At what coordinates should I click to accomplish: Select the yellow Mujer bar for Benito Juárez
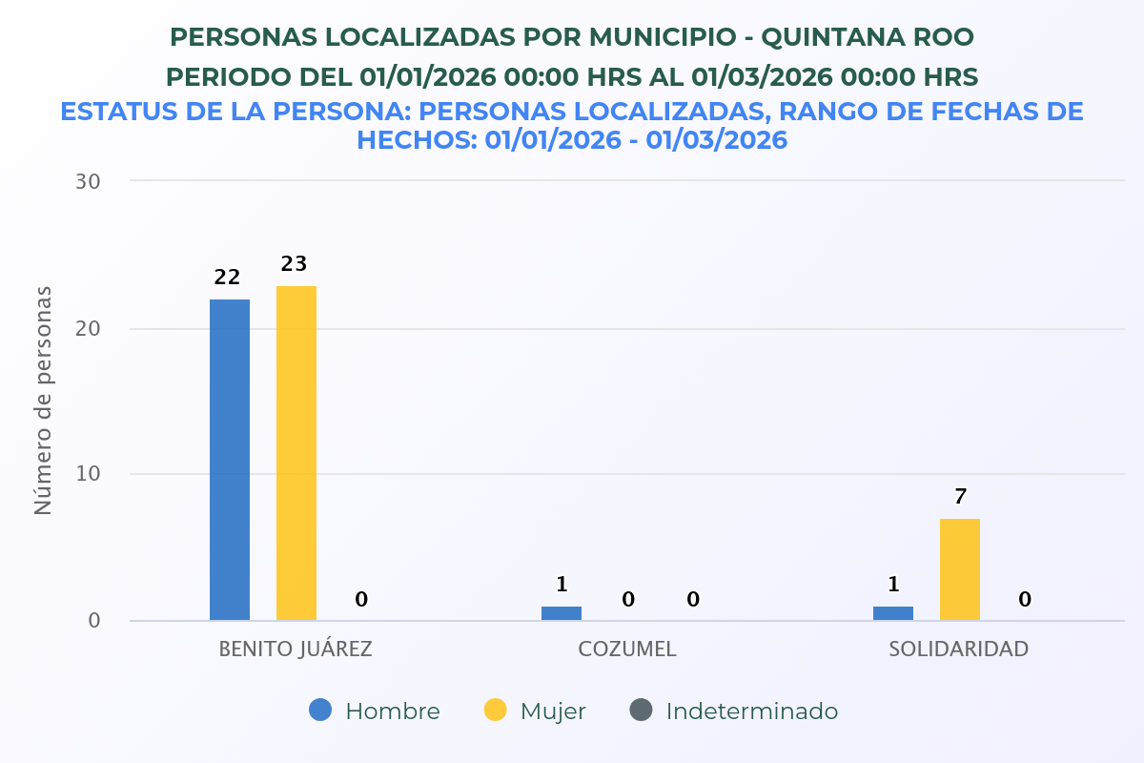pos(296,453)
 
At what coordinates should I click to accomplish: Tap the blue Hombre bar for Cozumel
pos(562,613)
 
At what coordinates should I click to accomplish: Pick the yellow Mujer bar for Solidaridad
pos(960,569)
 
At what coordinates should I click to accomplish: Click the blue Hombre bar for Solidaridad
pos(893,613)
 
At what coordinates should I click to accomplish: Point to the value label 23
pos(294,264)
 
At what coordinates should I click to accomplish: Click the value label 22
pos(227,278)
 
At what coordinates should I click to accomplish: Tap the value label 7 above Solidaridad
pos(960,497)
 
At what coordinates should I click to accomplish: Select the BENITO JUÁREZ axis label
pos(296,650)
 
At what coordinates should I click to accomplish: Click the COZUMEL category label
pos(627,650)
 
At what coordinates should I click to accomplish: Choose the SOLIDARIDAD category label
pos(959,650)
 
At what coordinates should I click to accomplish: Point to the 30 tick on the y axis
pos(88,181)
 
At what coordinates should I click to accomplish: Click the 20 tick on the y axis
pos(88,328)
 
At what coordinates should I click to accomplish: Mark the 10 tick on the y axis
pos(88,474)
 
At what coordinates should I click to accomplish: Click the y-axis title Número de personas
pos(43,401)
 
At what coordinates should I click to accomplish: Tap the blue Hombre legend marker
pos(321,711)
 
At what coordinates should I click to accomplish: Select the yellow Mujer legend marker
pos(496,711)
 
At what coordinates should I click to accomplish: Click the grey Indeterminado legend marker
pos(642,711)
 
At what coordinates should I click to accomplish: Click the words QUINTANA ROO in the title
pos(868,37)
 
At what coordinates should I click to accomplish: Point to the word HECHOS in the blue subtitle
pos(415,140)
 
